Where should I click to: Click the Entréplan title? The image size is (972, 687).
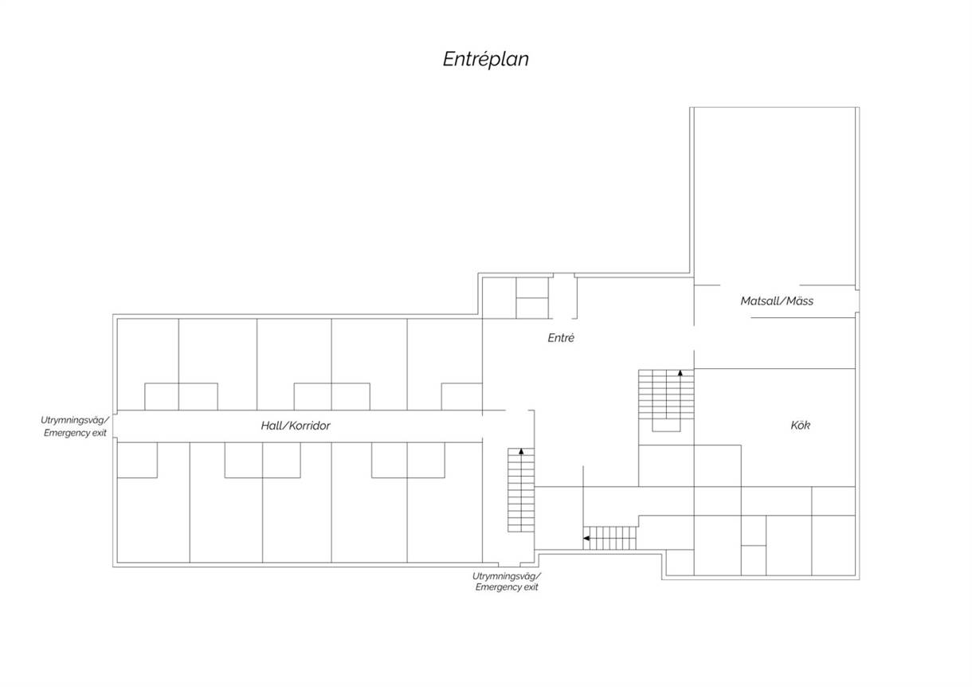coord(485,60)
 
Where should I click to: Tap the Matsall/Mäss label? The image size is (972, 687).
coord(777,300)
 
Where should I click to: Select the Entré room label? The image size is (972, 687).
coord(561,338)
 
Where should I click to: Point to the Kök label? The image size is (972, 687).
coord(800,425)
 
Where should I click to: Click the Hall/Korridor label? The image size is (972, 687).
coord(296,426)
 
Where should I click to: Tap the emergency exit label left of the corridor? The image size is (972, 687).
coord(75,426)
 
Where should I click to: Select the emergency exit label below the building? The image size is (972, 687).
coord(507,582)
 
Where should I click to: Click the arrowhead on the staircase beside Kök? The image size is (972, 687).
coord(680,372)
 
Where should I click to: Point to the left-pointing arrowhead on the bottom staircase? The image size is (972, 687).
coord(586,538)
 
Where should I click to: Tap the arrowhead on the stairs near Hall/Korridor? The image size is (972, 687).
coord(521,451)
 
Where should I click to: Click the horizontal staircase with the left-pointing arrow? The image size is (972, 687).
coord(609,538)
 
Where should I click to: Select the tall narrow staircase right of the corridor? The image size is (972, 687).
coord(521,490)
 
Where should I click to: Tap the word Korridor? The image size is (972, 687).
coord(310,426)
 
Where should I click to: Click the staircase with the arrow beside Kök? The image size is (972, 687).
coord(666,400)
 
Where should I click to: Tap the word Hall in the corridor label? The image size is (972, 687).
coord(272,426)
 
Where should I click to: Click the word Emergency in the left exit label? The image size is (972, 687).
coord(65,433)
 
